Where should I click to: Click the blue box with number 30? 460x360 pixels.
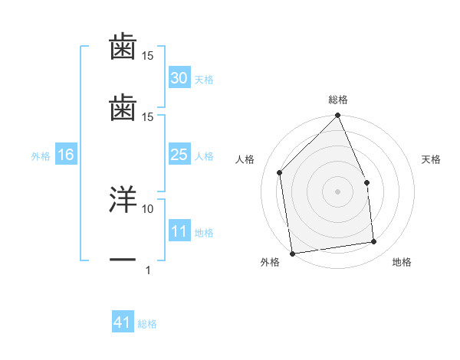(179, 78)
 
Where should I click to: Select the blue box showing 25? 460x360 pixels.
(179, 155)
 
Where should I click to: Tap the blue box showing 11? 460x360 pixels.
(179, 231)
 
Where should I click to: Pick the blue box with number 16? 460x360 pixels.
(66, 155)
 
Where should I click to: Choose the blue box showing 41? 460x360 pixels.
(123, 322)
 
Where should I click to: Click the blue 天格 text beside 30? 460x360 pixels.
(204, 80)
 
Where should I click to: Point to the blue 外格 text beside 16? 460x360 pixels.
(41, 156)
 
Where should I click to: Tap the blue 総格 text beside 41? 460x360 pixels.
(147, 324)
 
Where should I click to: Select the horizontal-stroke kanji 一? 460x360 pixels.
(123, 260)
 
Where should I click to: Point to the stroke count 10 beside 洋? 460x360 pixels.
(148, 208)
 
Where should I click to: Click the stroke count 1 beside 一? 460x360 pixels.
(147, 270)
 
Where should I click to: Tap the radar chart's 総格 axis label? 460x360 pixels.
(338, 100)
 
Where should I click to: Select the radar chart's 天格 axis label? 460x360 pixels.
(432, 159)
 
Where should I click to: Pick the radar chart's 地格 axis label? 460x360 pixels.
(402, 262)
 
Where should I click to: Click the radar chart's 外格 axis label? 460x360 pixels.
(270, 262)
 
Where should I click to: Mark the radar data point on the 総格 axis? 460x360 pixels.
(338, 116)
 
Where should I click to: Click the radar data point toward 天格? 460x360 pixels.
(366, 182)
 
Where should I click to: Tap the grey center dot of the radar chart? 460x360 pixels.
(338, 191)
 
